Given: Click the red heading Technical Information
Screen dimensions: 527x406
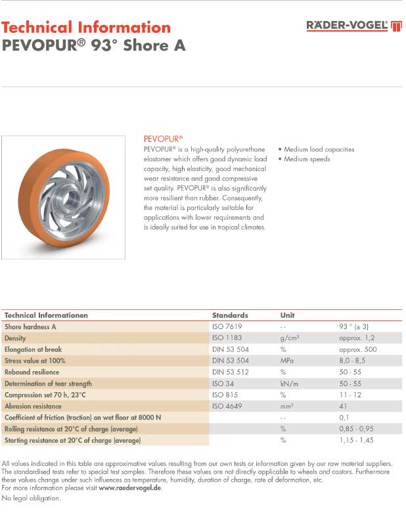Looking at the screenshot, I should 86,28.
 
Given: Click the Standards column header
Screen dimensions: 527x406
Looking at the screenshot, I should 230,315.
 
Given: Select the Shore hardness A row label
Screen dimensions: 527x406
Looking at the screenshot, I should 30,326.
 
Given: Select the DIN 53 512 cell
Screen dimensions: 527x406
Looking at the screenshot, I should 230,372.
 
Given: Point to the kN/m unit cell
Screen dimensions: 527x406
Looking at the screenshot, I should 289,384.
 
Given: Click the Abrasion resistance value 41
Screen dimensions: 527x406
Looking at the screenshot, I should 343,406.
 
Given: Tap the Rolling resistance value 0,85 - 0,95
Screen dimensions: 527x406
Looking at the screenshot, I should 357,429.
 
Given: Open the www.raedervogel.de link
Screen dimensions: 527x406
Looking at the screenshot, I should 130,488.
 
